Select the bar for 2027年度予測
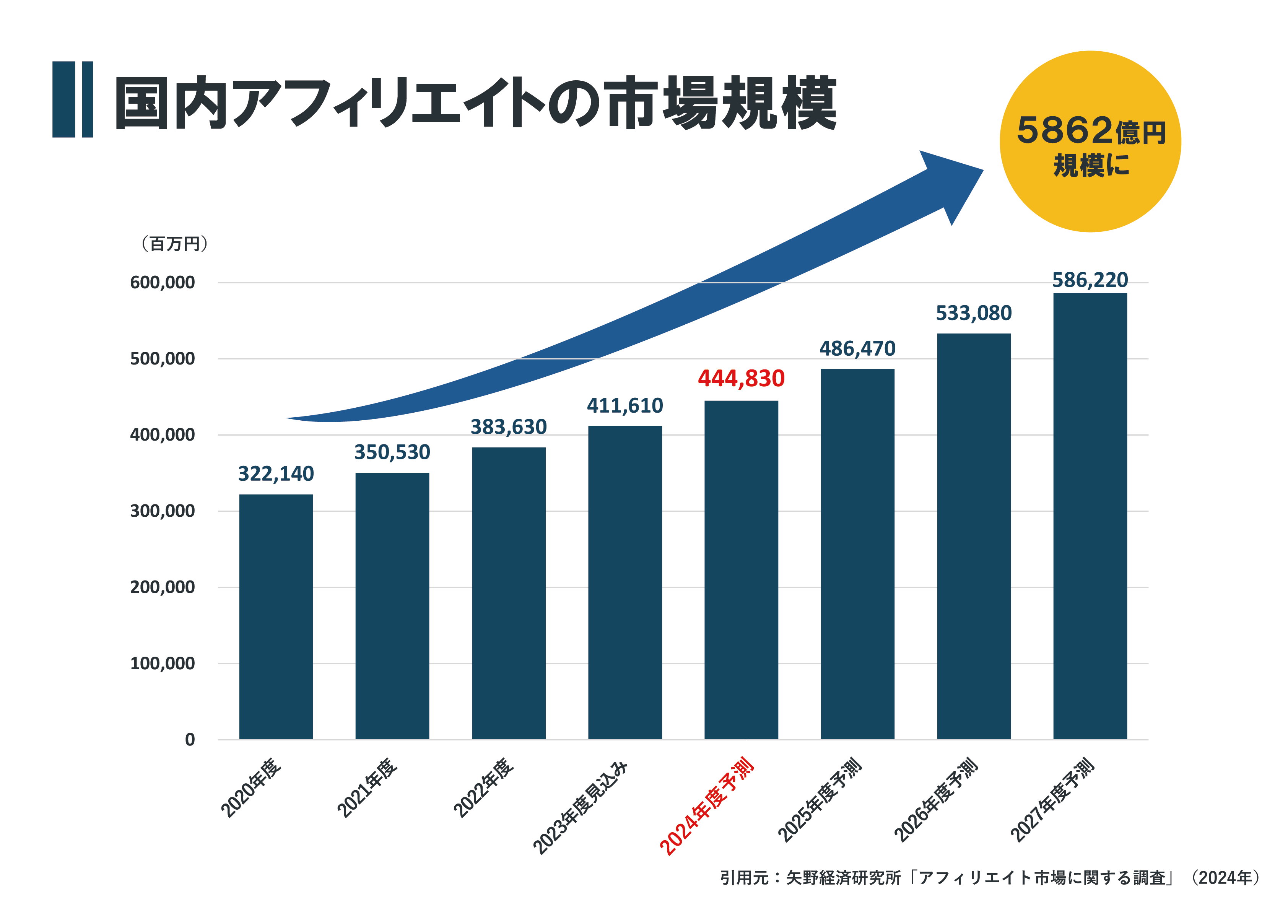coord(1090,516)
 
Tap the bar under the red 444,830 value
coord(741,569)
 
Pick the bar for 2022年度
coord(508,592)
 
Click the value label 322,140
coord(276,474)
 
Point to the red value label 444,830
coord(741,379)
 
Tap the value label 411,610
coord(625,405)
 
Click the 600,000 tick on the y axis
coord(162,282)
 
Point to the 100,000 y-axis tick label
coord(162,663)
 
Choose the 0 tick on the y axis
coord(190,739)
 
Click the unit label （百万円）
coord(174,244)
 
